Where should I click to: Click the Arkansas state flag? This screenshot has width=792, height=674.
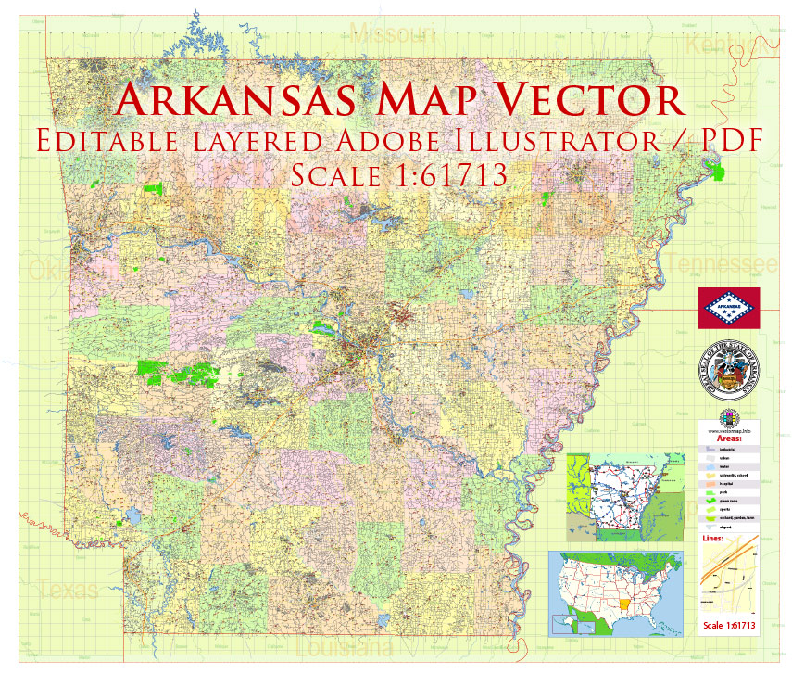pyautogui.click(x=729, y=307)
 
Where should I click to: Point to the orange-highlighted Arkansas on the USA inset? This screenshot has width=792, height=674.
pyautogui.click(x=627, y=613)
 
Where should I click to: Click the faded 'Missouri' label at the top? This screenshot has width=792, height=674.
pyautogui.click(x=393, y=34)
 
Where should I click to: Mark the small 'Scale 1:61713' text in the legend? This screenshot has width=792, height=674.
pyautogui.click(x=729, y=626)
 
